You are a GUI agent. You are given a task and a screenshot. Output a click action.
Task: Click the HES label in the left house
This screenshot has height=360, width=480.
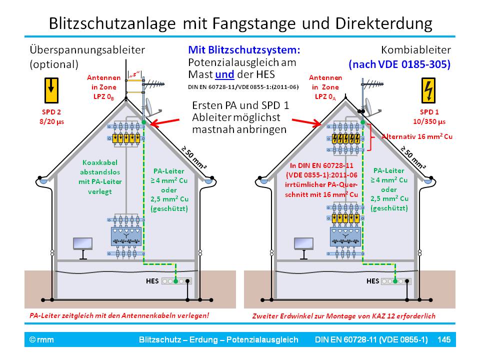click(152, 281)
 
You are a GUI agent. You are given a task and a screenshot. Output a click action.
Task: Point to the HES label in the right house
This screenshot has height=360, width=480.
click(372, 281)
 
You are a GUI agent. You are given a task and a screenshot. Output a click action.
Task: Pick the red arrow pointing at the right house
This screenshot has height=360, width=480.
click(305, 121)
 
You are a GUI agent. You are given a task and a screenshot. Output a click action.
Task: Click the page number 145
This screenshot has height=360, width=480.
click(444, 340)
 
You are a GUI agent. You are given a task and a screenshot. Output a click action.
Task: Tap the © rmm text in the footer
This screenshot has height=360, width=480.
click(41, 340)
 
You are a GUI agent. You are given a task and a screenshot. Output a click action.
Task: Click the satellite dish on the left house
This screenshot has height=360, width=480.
click(149, 106)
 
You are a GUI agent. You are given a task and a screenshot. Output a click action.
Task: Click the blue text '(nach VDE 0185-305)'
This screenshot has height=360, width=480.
click(400, 64)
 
